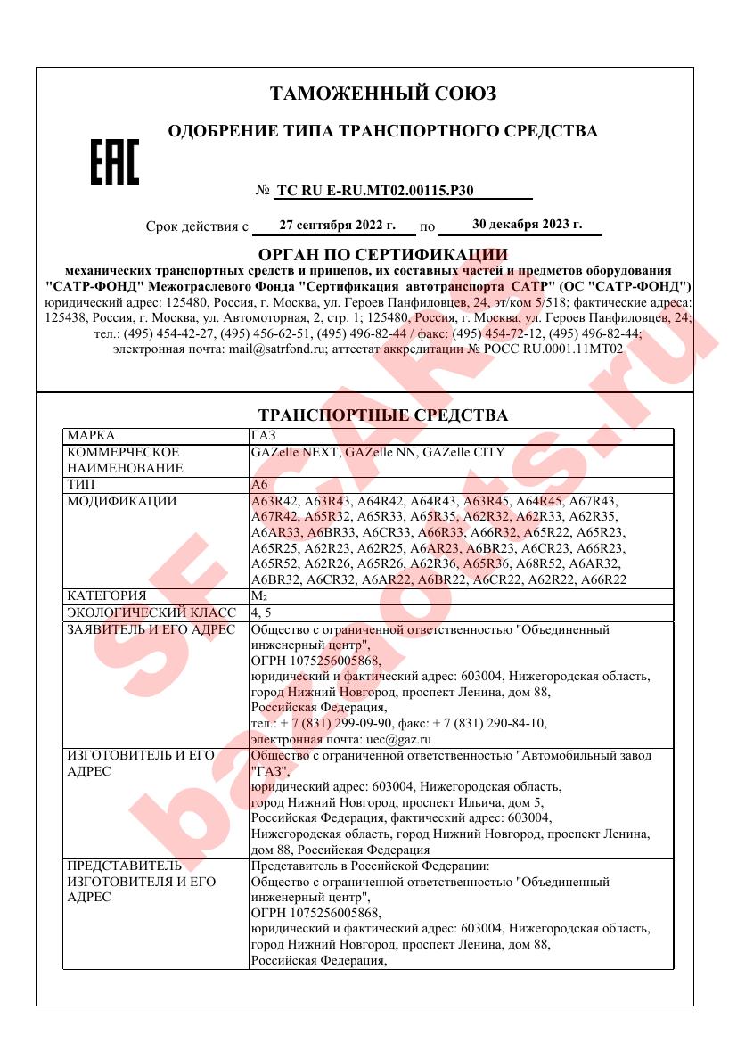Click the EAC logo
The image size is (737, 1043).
click(115, 162)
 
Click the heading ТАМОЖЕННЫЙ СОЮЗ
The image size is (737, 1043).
click(382, 94)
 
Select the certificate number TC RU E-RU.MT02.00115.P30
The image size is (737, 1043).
click(375, 190)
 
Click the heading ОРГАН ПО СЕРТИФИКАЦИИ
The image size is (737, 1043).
click(382, 256)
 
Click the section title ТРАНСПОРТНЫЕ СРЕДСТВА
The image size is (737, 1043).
click(382, 415)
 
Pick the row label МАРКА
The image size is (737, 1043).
click(92, 435)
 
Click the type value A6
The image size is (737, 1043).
click(259, 484)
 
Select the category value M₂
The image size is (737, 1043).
click(259, 595)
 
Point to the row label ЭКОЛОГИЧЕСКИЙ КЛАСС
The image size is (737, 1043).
click(151, 612)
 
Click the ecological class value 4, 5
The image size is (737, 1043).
click(262, 612)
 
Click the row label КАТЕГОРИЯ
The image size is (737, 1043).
click(107, 595)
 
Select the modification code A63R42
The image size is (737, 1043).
click(275, 501)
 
